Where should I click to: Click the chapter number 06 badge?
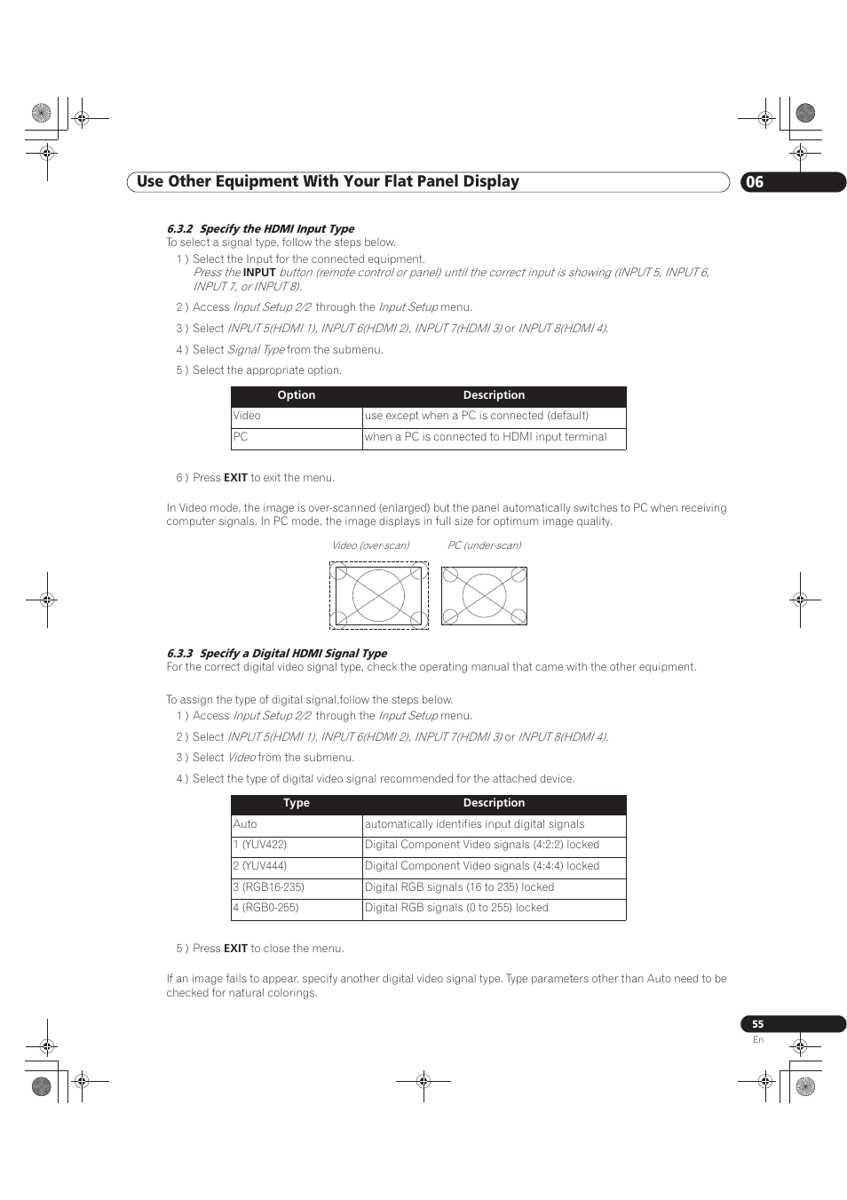tap(755, 182)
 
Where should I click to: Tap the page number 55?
tap(757, 1024)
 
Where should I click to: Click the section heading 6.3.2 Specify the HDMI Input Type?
tap(260, 228)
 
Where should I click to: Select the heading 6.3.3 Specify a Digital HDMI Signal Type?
tap(277, 653)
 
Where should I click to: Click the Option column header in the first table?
tap(297, 395)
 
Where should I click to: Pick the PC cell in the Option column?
tap(241, 437)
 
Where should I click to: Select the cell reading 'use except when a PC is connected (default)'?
tap(477, 416)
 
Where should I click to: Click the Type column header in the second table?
tap(297, 803)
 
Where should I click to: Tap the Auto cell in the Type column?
tap(245, 824)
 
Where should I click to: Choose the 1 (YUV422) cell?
tap(260, 845)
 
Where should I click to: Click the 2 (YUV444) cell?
tap(260, 866)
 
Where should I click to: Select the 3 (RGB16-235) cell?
tap(268, 887)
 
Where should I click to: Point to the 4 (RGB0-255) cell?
tap(265, 908)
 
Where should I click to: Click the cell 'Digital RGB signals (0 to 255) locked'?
tap(456, 908)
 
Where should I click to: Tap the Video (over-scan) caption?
tap(370, 545)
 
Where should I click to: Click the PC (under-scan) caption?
tap(484, 545)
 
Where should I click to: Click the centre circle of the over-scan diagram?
tap(379, 595)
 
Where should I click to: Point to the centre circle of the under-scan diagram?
tap(484, 595)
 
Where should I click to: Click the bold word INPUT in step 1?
tap(259, 273)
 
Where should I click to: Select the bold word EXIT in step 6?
tap(235, 478)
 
